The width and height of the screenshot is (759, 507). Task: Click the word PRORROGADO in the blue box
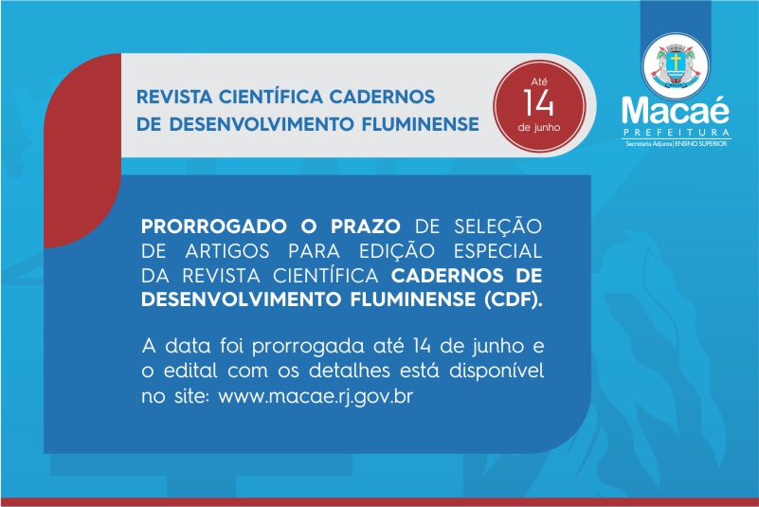[214, 226]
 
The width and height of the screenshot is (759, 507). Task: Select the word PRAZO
[366, 226]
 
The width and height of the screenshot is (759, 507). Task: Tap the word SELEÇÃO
[497, 226]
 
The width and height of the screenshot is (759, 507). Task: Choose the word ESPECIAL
[497, 251]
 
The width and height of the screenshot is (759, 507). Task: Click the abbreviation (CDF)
[513, 299]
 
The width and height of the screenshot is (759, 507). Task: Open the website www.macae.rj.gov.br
[316, 396]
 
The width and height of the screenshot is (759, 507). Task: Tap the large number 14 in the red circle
[538, 103]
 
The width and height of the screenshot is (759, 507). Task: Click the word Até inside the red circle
[539, 81]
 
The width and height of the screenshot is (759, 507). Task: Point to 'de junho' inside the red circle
[539, 128]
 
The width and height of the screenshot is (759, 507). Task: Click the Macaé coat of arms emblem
[676, 66]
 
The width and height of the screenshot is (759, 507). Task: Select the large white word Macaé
[676, 110]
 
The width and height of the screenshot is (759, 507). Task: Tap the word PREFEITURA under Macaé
[677, 133]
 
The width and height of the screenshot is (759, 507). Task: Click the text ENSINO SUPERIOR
[701, 144]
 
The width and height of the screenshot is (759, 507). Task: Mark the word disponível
[497, 371]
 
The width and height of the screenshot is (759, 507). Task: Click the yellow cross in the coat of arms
[675, 62]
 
